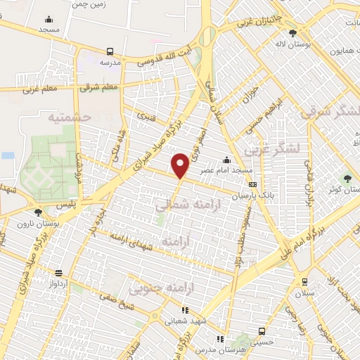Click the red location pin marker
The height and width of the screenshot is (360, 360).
pos(181,166)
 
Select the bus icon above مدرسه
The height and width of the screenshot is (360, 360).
pos(110,51)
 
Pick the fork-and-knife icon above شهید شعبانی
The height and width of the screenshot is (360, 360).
pos(184,309)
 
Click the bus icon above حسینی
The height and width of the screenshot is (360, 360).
pos(262,331)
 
